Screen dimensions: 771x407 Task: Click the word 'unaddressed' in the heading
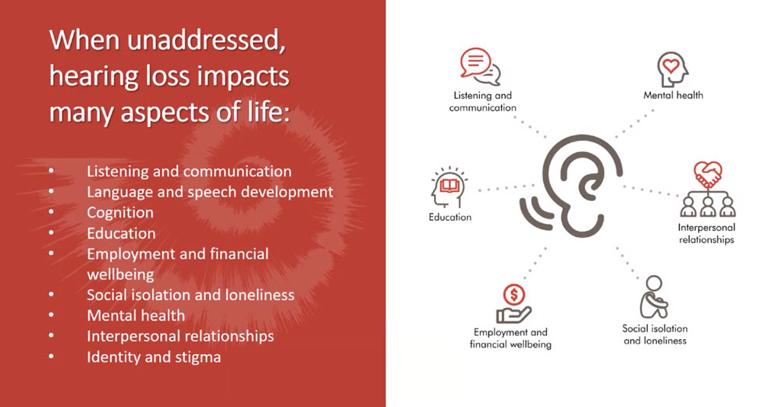[206, 40]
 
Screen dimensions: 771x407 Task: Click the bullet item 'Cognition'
[120, 213]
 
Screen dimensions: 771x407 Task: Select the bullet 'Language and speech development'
[210, 192]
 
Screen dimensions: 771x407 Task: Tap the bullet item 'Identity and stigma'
[154, 357]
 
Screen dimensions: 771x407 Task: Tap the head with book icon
[449, 188]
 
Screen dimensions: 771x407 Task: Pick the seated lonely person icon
[655, 297]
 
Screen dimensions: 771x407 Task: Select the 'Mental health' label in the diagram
[673, 95]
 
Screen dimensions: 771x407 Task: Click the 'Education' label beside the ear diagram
[450, 218]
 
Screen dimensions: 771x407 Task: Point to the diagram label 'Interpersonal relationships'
[706, 233]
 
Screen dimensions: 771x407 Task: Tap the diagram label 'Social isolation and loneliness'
[655, 334]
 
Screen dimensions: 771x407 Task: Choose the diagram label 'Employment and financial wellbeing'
[510, 338]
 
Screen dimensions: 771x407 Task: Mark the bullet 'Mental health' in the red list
[136, 316]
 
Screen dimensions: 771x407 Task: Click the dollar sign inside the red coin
[514, 295]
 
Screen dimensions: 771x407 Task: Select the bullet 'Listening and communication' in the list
[190, 171]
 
